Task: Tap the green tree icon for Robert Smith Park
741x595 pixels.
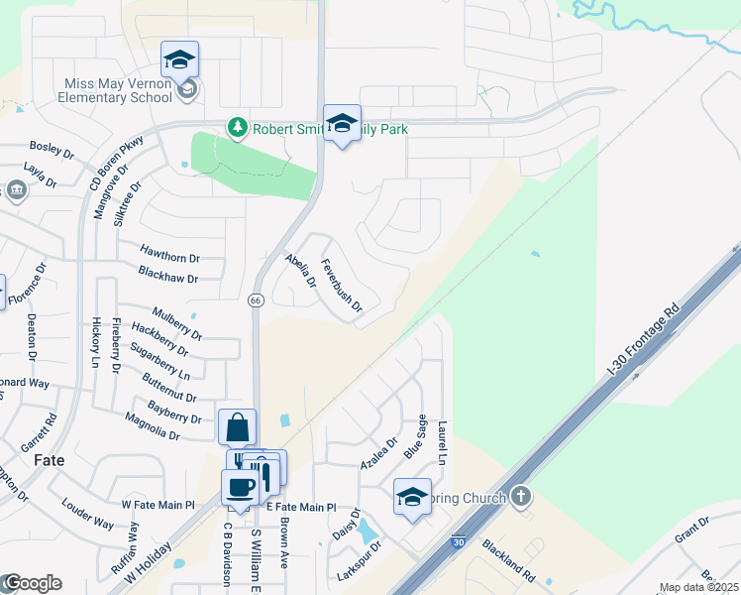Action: (x=237, y=128)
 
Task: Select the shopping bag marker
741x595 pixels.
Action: (x=238, y=428)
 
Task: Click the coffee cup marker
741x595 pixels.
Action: (x=240, y=488)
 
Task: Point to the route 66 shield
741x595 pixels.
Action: (x=255, y=299)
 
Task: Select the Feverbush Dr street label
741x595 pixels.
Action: (x=342, y=288)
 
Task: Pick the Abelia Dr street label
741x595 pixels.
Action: (x=300, y=271)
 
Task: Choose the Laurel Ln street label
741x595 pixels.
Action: (x=443, y=441)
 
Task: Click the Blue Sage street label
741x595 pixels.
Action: (x=415, y=437)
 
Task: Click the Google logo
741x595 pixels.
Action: (x=32, y=583)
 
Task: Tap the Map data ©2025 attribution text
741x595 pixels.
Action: (x=698, y=588)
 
